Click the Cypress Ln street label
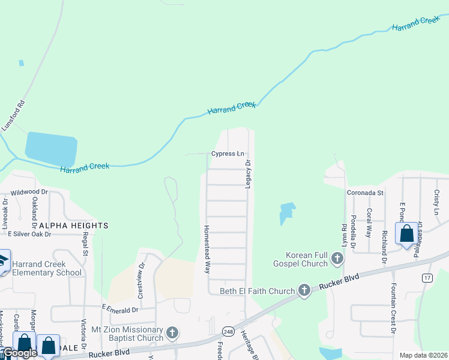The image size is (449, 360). tap(228, 154)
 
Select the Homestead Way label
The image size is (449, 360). tap(206, 249)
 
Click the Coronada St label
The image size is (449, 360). tap(365, 193)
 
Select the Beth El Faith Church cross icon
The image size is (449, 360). tap(304, 291)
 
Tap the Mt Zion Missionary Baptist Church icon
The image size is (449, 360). tap(172, 333)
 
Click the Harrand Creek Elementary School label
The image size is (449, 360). tap(46, 268)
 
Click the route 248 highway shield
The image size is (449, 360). tap(228, 331)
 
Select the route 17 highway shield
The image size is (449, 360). tap(427, 277)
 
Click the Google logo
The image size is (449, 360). tap(20, 353)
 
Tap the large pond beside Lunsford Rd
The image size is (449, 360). tap(51, 149)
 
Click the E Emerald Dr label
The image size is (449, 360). tap(120, 309)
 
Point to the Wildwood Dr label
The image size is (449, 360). tap(29, 193)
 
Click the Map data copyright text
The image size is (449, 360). tap(423, 355)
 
